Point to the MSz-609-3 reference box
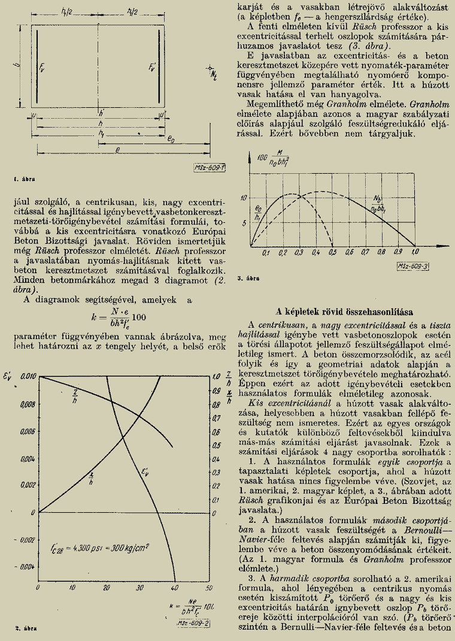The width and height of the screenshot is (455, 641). (410, 264)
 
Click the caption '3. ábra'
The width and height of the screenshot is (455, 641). (247, 279)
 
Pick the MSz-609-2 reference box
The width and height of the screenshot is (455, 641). (193, 624)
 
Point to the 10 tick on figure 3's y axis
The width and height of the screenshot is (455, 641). (243, 197)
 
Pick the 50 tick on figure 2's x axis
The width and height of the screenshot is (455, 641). (209, 589)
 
